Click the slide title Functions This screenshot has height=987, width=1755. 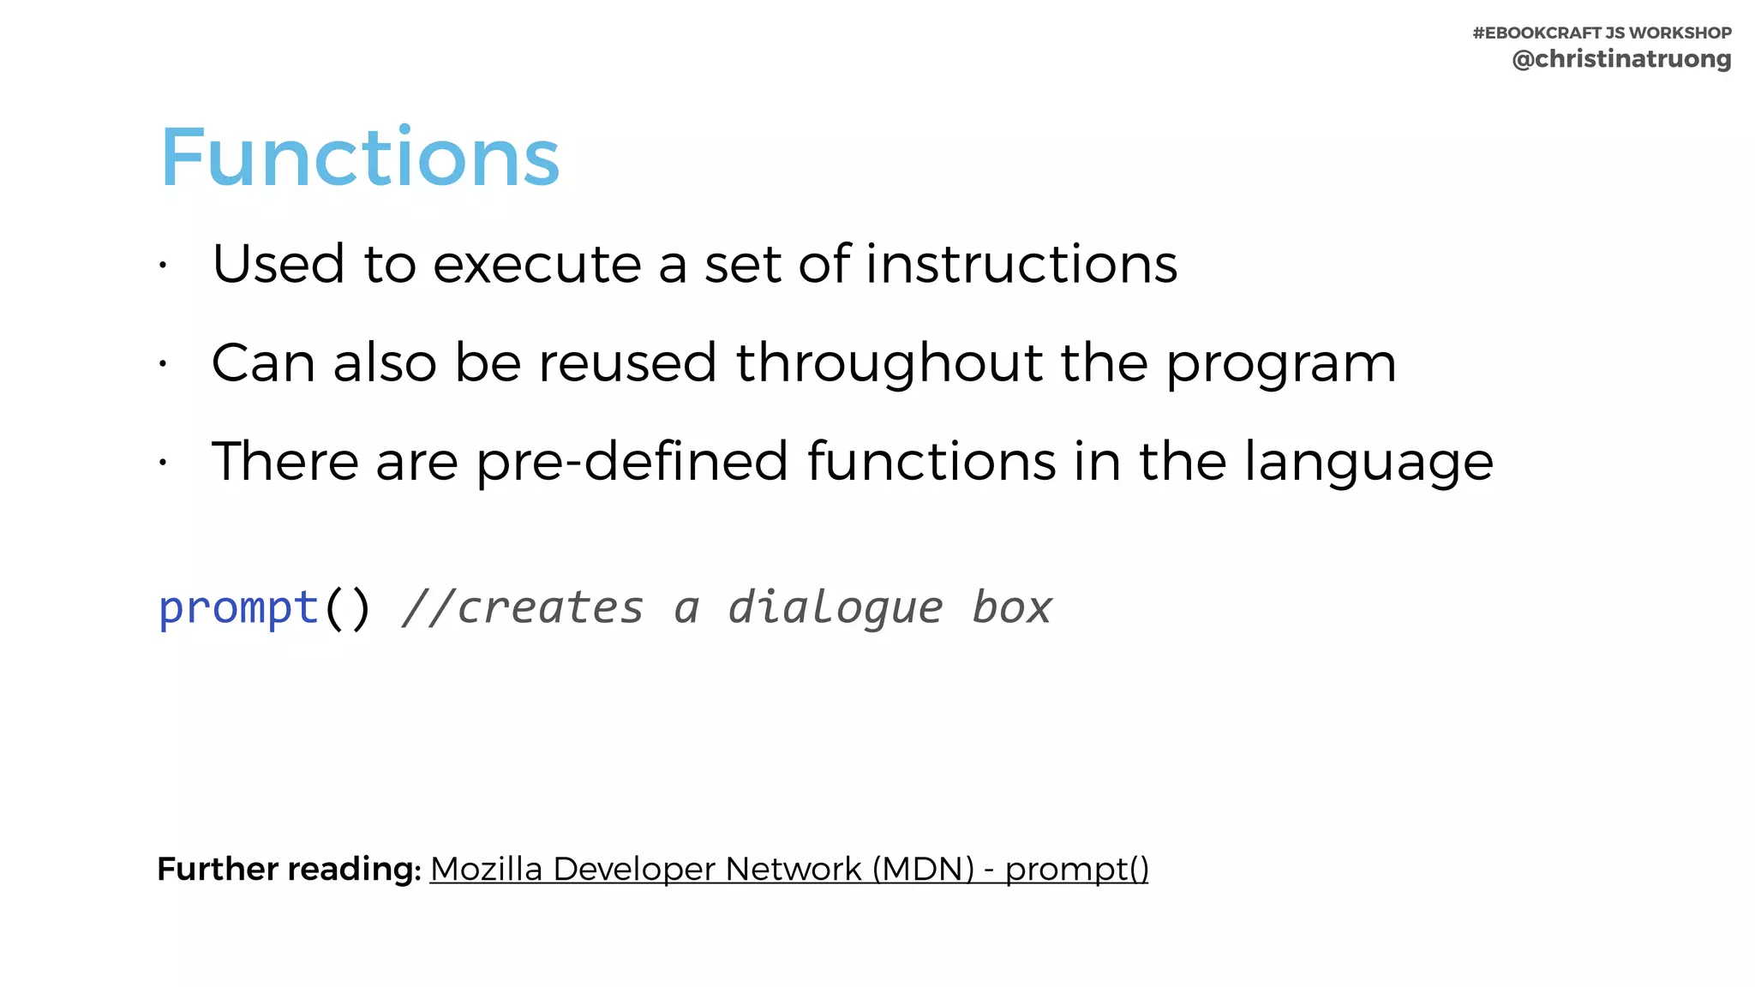(x=360, y=158)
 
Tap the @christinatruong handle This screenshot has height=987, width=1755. (x=1621, y=59)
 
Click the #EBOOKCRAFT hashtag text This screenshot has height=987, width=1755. (x=1536, y=33)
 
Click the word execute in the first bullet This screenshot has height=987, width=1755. (x=536, y=264)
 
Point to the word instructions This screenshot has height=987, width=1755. (x=1021, y=264)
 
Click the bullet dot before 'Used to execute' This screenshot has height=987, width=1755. (x=162, y=266)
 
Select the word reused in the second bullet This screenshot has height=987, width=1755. (x=627, y=362)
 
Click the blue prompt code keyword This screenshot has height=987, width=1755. (x=239, y=609)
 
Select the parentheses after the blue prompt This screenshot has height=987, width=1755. (x=347, y=609)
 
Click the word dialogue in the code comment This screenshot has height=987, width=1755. (x=835, y=609)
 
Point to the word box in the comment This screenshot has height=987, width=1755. (x=1011, y=609)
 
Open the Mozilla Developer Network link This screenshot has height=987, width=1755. (x=788, y=869)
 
